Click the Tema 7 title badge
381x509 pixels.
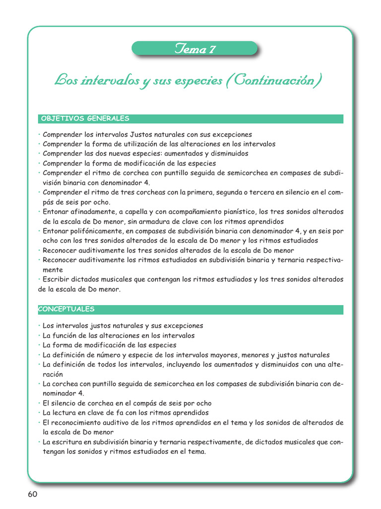(x=194, y=49)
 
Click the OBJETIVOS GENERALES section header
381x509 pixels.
(x=84, y=118)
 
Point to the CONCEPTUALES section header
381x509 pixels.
(x=66, y=309)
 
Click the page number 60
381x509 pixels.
(x=32, y=494)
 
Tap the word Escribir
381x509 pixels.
(x=57, y=279)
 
